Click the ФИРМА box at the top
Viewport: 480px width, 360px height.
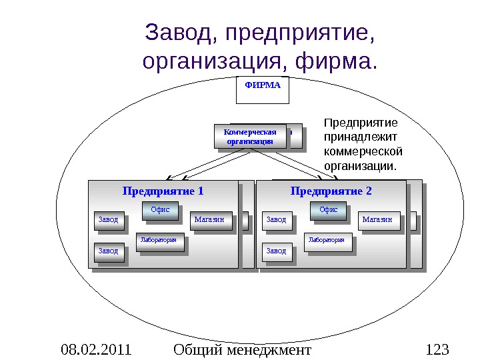(x=263, y=90)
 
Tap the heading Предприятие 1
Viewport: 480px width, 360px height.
(x=163, y=191)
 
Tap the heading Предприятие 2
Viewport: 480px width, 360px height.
(x=331, y=191)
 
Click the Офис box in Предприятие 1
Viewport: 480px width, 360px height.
(x=159, y=210)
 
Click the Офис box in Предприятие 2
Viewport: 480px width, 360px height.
(x=328, y=210)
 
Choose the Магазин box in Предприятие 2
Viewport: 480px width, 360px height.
(x=377, y=219)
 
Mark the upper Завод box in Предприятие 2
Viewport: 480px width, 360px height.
(x=276, y=219)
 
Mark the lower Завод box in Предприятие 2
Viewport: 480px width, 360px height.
(x=276, y=251)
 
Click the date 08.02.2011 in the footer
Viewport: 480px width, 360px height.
(x=96, y=349)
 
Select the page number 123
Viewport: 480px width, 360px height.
(x=437, y=349)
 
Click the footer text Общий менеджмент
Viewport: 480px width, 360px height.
(x=241, y=349)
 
